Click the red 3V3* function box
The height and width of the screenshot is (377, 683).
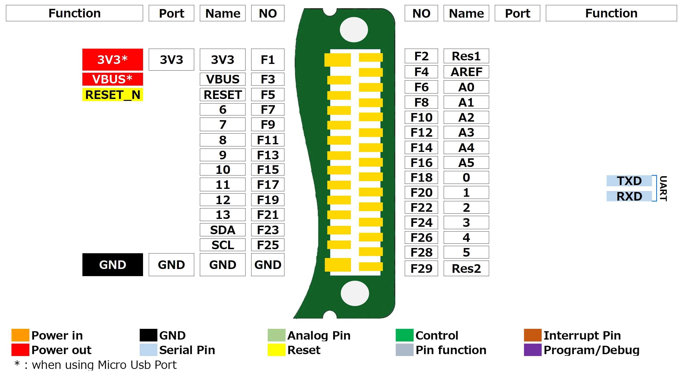[x=112, y=60]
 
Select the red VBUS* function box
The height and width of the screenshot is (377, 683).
[x=112, y=79]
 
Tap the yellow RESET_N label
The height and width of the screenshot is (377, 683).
[x=112, y=95]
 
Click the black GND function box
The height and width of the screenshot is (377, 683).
[x=112, y=264]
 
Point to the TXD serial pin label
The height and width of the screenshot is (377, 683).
[x=629, y=181]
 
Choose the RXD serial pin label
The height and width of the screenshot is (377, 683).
[x=629, y=196]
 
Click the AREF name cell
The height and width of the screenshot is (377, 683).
[x=466, y=72]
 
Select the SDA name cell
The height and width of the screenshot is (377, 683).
[x=222, y=230]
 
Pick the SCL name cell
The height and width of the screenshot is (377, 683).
[x=222, y=245]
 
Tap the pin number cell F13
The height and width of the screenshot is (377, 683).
[x=267, y=155]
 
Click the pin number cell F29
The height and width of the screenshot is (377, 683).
[x=421, y=269]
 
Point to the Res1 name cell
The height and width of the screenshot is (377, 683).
[x=466, y=56]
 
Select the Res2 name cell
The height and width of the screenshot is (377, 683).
[x=466, y=269]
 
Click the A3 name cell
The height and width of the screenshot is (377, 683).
[x=466, y=132]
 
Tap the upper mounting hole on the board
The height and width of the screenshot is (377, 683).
[x=354, y=30]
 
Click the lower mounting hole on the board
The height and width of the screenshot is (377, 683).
[x=355, y=293]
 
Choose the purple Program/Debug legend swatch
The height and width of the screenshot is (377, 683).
[x=532, y=350]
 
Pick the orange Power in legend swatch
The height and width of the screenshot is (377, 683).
[x=20, y=335]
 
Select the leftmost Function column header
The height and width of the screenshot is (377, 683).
[x=74, y=13]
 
